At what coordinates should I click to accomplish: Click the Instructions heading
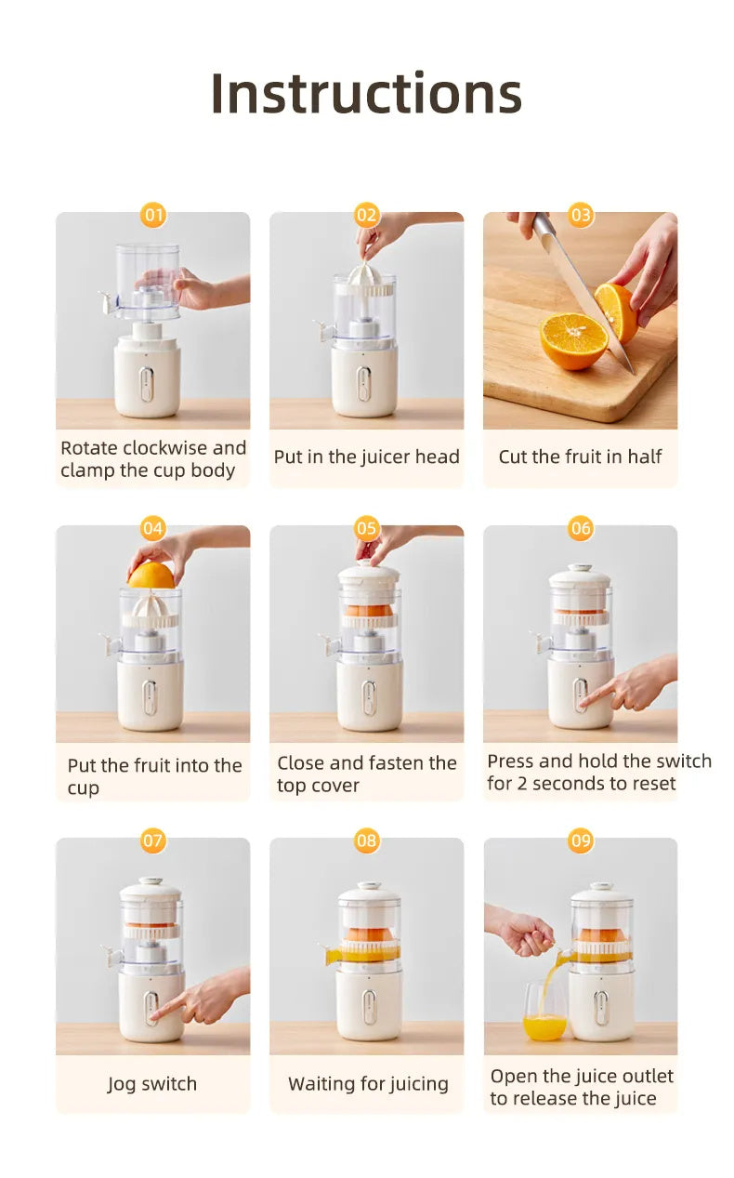point(366,93)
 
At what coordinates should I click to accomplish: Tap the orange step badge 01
point(153,216)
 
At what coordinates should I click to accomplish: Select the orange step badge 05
point(367,529)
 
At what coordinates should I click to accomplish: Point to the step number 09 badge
point(581,841)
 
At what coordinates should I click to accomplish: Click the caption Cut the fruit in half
point(580,457)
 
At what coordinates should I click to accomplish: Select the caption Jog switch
point(152,1083)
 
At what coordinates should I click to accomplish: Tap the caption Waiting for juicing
point(368,1083)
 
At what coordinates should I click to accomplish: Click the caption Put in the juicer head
point(366,457)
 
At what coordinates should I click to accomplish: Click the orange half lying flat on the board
point(572,338)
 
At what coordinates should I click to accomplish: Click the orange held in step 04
point(151,576)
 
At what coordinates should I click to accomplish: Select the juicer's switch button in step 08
point(369,1008)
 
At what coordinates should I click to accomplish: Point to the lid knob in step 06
point(581,567)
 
